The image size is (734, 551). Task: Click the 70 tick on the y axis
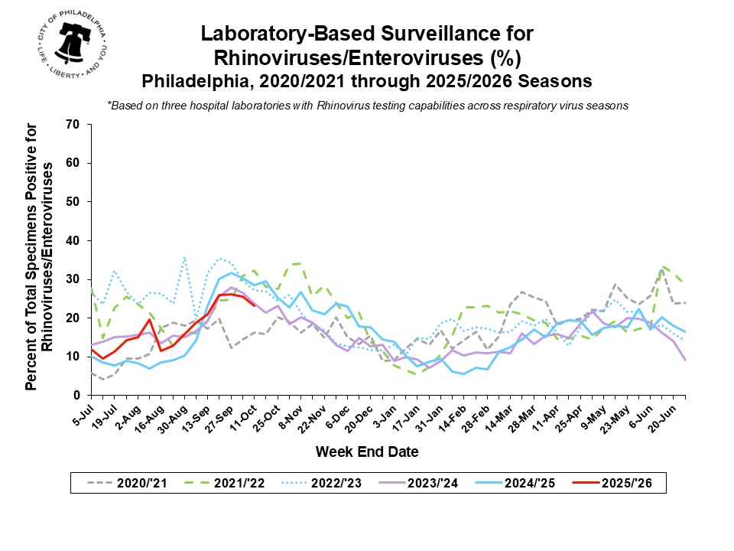pyautogui.click(x=73, y=124)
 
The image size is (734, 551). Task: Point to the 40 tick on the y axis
pyautogui.click(x=73, y=240)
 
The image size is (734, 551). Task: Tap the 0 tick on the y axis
pyautogui.click(x=77, y=395)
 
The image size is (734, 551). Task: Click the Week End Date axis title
pyautogui.click(x=367, y=452)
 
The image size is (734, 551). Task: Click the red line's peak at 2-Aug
pyautogui.click(x=150, y=319)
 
